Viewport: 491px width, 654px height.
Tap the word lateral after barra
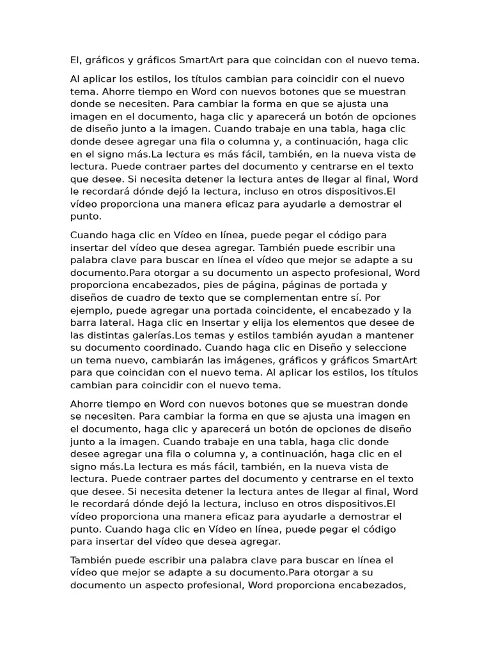[116, 323]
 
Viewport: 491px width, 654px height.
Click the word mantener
[386, 335]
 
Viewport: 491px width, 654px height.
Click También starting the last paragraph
[94, 560]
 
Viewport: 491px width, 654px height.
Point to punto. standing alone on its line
[85, 217]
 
